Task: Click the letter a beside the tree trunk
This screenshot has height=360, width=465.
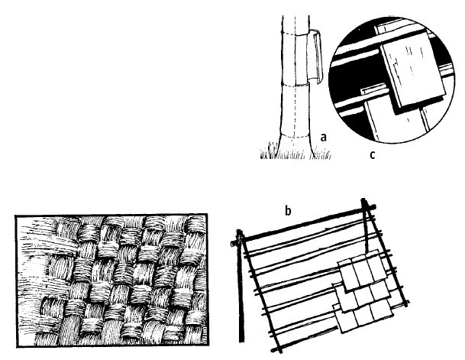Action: pos(324,137)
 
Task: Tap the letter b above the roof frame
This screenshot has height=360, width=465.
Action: pos(288,210)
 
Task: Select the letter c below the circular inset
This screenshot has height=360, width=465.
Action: pos(373,155)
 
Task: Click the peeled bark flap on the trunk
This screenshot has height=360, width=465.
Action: pos(315,57)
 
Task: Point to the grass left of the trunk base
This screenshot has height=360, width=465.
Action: pos(270,151)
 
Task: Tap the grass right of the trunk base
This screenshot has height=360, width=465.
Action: pos(321,154)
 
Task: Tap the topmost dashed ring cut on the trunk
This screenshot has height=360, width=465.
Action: pos(295,34)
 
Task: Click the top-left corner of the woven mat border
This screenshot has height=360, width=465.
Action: pos(16,216)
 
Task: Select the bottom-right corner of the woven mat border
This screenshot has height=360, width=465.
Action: pos(208,345)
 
